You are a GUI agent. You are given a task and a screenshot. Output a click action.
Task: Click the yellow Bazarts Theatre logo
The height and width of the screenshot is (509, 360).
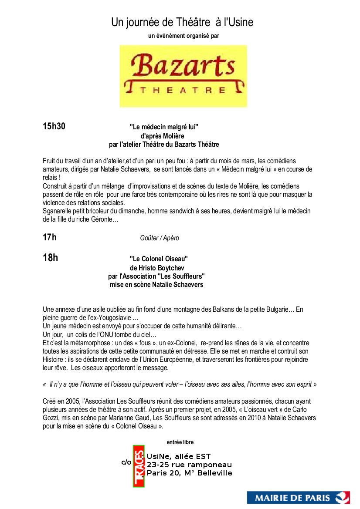point(183,76)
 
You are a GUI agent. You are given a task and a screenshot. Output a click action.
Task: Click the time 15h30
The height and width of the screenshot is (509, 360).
point(54,127)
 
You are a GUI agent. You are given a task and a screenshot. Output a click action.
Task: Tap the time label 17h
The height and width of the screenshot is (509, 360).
point(50,237)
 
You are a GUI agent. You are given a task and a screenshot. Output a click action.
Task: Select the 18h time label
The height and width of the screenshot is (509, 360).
point(50,258)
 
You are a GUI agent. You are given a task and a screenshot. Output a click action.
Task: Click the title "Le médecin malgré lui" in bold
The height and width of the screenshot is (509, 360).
point(164,127)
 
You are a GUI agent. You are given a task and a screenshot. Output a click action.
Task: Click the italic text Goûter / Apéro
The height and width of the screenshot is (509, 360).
point(160,238)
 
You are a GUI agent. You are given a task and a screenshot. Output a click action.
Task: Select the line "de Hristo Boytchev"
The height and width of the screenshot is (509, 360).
point(156,267)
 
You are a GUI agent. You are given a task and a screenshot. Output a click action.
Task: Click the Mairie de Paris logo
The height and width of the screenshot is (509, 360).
point(299,497)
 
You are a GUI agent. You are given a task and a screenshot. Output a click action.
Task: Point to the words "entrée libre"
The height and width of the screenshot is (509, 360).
point(180,442)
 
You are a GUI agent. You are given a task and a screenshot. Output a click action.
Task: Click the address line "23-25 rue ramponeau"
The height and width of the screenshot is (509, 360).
point(189,465)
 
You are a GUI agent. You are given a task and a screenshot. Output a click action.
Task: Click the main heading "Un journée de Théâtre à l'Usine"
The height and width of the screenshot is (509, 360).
point(182,22)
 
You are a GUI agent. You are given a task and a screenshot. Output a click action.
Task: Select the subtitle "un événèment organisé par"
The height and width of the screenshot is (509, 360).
point(183,36)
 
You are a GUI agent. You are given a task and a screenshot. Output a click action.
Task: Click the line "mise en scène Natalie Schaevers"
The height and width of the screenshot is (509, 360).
point(156,285)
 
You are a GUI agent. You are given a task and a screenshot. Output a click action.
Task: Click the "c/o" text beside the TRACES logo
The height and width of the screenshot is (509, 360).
point(126,462)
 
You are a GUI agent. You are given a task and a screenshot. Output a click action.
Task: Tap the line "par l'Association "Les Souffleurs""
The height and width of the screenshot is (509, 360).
point(156,276)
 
